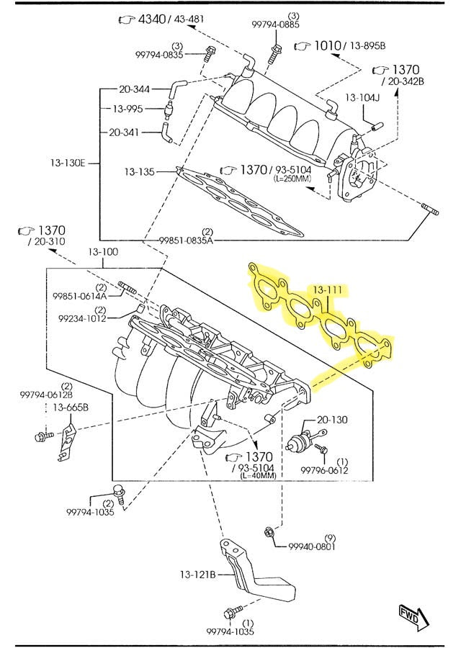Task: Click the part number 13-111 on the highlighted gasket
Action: pyautogui.click(x=328, y=290)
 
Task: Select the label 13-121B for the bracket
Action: pyautogui.click(x=197, y=574)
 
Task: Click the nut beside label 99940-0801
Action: pyautogui.click(x=269, y=532)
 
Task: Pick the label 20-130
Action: pyautogui.click(x=332, y=420)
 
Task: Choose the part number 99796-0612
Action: pyautogui.click(x=324, y=470)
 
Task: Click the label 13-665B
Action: pyautogui.click(x=71, y=408)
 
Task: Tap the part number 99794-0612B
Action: pyautogui.click(x=46, y=395)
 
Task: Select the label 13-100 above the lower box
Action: pyautogui.click(x=103, y=252)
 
